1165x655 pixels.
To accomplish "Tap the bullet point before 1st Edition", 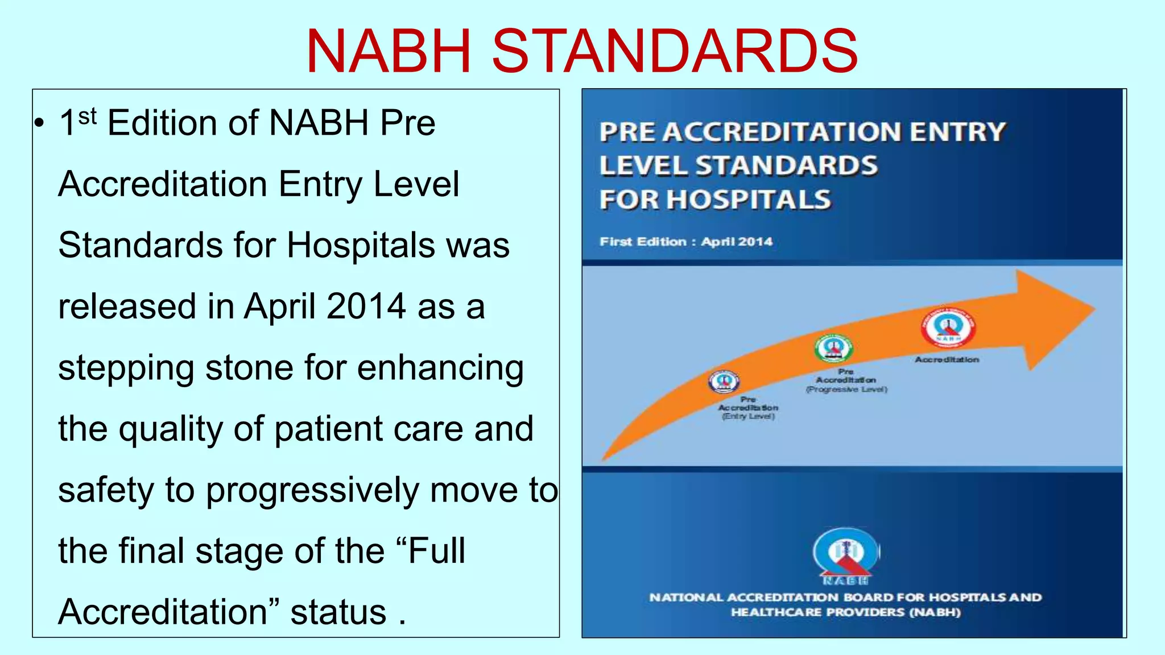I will coord(39,123).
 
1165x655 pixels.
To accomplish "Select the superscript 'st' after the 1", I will coord(88,117).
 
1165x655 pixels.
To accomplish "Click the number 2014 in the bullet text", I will coord(366,306).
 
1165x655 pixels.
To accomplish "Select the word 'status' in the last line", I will coord(338,612).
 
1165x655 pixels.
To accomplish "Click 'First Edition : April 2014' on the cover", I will coord(686,242).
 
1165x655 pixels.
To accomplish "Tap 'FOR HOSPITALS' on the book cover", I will coord(715,200).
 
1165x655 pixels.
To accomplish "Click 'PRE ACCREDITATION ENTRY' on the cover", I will coord(802,132).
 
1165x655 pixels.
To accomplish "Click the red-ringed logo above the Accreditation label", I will coord(948,328).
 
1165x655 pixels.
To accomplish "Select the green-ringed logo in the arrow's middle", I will coord(833,348).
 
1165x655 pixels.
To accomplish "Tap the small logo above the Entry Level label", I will coord(724,382).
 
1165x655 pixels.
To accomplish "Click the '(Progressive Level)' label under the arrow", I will coord(846,389).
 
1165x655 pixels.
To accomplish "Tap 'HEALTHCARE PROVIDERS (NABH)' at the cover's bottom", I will coord(846,612).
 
